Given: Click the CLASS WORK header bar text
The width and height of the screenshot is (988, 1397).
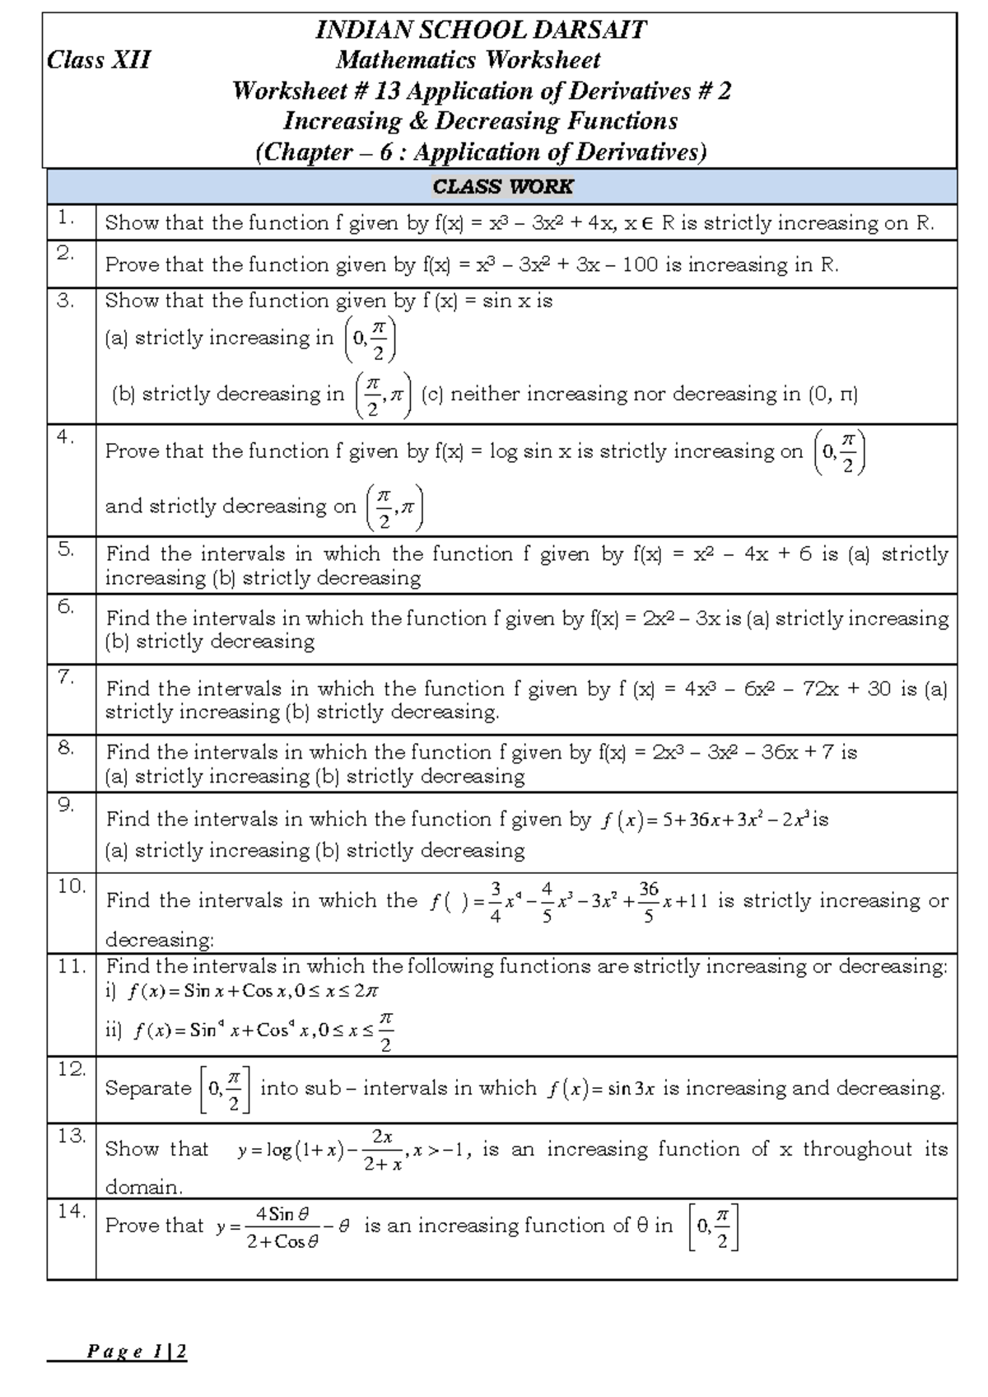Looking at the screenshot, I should click(x=502, y=187).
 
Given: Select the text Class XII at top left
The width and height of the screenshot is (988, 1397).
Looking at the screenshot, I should click(x=99, y=60).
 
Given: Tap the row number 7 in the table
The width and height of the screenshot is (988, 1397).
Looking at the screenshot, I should click(x=67, y=677).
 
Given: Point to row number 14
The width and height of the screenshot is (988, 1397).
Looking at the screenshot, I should click(x=71, y=1211).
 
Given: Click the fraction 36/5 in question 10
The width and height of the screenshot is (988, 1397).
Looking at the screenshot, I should click(x=648, y=901).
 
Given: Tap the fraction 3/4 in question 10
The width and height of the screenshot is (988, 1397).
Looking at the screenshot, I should click(x=495, y=901).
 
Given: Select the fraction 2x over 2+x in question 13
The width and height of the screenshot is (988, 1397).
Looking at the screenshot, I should click(x=382, y=1149).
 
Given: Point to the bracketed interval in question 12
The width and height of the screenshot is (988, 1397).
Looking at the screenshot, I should click(x=225, y=1089).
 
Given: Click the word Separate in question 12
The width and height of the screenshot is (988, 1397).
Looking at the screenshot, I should click(x=148, y=1089).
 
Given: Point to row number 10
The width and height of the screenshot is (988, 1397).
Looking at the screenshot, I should click(x=72, y=886).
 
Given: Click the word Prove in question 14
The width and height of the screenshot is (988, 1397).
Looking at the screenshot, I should click(x=130, y=1226).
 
